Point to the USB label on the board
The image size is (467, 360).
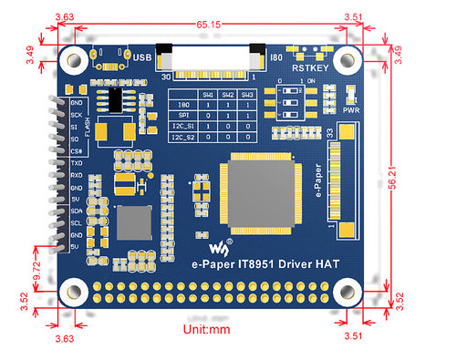tap(142, 57)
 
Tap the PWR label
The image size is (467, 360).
tap(351, 109)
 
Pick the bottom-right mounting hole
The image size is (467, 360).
tap(346, 292)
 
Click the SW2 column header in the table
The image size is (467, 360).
tap(227, 95)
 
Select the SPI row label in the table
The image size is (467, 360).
tap(183, 115)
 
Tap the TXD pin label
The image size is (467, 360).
tap(77, 163)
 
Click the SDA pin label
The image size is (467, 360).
tap(77, 211)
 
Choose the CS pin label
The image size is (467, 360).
tap(78, 150)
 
